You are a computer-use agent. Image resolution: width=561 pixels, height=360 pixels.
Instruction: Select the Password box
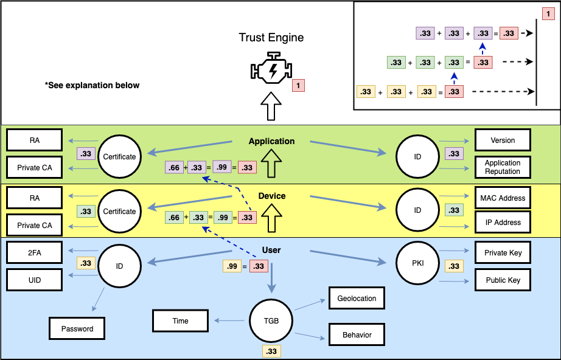coord(77,328)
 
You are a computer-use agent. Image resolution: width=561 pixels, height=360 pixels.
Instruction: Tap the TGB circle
coord(272,320)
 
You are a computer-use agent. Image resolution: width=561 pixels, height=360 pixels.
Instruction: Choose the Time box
coord(181,320)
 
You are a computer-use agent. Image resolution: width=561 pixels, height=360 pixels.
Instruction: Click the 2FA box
coord(34,252)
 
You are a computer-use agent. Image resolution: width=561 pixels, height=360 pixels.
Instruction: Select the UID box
coord(34,280)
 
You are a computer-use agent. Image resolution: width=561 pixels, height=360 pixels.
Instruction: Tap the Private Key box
coord(503,252)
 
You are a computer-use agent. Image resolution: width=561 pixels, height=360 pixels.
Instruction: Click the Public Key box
coord(503,280)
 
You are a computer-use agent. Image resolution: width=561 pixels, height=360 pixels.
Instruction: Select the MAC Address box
coord(503,198)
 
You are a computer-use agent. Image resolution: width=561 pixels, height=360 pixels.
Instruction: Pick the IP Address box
coord(503,222)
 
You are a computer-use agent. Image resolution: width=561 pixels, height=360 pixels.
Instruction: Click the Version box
coord(503,140)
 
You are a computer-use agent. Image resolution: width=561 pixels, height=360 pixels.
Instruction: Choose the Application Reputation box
coord(503,167)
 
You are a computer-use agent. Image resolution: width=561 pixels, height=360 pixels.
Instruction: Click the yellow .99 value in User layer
coord(232,266)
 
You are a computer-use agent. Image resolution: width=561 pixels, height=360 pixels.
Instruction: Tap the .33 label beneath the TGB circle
coord(271,351)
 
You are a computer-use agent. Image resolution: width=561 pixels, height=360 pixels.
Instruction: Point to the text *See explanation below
coord(92,85)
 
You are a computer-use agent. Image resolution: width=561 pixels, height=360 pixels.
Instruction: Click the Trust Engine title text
coord(271,38)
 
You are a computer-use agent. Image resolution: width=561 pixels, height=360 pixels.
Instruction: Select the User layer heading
coord(271,250)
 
